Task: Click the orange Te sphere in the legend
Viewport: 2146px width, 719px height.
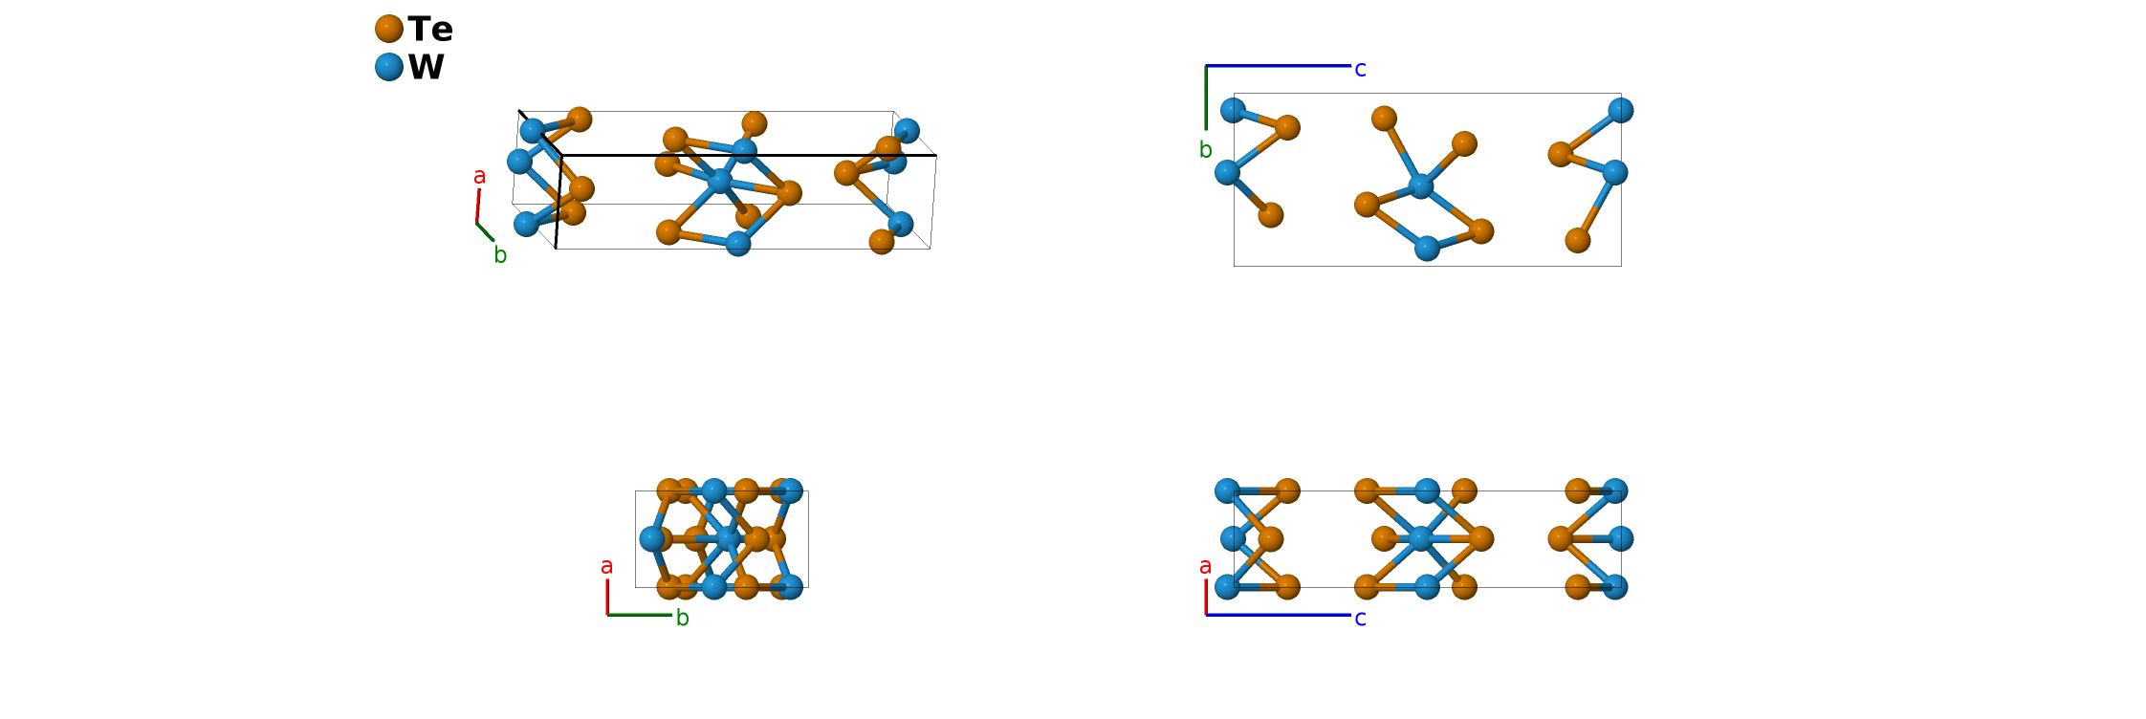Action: point(388,29)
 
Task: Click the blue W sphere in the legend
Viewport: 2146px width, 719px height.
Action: point(388,67)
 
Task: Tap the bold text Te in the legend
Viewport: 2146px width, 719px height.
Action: point(430,30)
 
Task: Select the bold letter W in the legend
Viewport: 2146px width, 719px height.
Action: point(427,68)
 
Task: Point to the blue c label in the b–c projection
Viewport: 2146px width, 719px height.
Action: point(1360,69)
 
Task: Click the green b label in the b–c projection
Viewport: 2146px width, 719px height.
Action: point(1205,150)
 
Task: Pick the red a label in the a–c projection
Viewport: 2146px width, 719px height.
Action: point(1205,566)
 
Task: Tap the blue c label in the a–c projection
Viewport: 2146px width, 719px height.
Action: point(1360,619)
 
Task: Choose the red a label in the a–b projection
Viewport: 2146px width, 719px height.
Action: point(606,566)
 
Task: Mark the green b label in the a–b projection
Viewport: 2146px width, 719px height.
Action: point(682,619)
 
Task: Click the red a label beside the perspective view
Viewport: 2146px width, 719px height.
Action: point(479,176)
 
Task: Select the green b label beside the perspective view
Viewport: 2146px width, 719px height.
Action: point(499,255)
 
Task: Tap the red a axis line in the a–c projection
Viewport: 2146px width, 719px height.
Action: point(1206,597)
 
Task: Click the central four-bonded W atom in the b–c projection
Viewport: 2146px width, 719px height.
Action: point(1422,185)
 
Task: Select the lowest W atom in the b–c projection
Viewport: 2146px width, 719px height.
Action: point(1427,249)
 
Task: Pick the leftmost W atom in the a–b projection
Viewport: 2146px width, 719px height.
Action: point(652,538)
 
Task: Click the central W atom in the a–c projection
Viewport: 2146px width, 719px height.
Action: point(1420,539)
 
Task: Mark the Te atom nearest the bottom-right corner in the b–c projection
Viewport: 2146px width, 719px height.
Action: point(1578,240)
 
